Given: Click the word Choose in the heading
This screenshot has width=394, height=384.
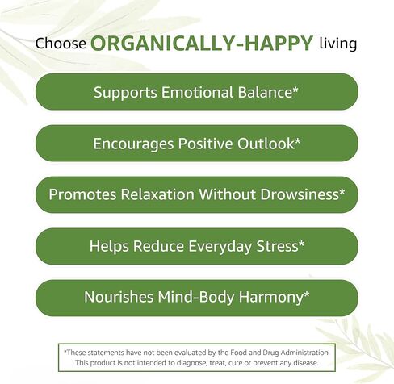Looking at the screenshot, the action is click(61, 44).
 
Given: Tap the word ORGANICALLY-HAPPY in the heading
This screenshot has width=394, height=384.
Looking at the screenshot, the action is click(202, 43).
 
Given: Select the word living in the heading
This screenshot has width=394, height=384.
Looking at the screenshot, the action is click(338, 44).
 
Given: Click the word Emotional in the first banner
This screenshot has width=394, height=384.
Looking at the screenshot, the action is click(197, 92).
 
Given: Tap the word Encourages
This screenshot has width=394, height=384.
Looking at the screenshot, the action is click(133, 144).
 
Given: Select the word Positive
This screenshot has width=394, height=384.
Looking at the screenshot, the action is click(205, 144).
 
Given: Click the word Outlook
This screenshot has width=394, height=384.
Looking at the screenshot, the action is click(266, 144).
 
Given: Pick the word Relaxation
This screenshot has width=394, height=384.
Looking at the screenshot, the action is click(157, 194).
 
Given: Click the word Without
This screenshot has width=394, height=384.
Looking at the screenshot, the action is click(227, 194).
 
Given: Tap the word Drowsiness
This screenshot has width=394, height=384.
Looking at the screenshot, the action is click(300, 194).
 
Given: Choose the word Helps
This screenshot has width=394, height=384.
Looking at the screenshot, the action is click(109, 247).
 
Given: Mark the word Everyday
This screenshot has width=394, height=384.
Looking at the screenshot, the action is click(220, 247).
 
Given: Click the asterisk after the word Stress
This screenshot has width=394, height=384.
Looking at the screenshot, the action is click(301, 243).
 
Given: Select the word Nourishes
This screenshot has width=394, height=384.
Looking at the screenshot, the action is click(119, 297).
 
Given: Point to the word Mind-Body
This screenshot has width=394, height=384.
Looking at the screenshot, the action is click(195, 298).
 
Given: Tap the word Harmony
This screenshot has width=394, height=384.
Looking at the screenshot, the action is click(270, 298).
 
